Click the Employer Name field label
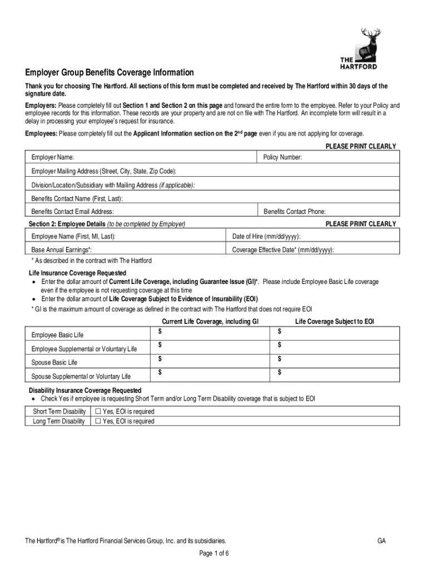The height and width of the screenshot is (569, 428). click(53, 158)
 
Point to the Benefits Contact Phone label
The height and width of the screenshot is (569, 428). click(295, 212)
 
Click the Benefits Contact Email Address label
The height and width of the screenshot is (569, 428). click(73, 212)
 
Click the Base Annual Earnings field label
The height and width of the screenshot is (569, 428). click(62, 251)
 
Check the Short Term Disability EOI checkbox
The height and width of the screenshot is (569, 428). click(97, 412)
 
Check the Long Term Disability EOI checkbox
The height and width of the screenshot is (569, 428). click(97, 421)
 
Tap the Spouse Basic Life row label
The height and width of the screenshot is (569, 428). click(54, 363)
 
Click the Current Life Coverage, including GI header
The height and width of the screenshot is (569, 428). click(210, 322)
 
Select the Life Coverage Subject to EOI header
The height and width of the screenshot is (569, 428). click(335, 322)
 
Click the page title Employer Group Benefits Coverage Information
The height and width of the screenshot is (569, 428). click(109, 73)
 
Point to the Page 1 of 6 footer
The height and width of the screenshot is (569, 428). click(213, 553)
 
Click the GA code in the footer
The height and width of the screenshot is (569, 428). click(381, 541)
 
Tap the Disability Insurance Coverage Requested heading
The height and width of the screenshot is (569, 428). click(85, 391)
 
